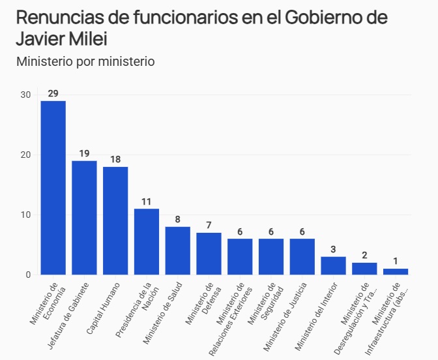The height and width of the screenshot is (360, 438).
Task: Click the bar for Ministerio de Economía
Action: [x=53, y=188]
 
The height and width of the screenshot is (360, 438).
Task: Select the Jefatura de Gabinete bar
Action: [x=84, y=218]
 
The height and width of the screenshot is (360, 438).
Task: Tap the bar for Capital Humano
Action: [x=115, y=220]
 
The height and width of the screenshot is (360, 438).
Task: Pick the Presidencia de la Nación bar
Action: [x=147, y=241]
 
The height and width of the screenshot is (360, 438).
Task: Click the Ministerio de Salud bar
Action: [x=177, y=250]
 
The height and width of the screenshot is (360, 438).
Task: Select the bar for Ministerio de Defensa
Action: [x=209, y=254]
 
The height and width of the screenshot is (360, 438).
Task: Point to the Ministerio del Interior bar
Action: [x=333, y=265]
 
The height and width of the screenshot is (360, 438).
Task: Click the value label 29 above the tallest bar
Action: [x=53, y=94]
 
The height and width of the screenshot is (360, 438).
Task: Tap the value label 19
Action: [x=84, y=154]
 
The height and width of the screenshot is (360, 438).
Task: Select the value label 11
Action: [x=147, y=202]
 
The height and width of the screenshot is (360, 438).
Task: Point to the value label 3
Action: [x=333, y=250]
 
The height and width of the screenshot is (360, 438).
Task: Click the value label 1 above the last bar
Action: [x=396, y=262]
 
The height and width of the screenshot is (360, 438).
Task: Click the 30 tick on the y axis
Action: [x=25, y=95]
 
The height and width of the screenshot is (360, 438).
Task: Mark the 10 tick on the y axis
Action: [x=25, y=215]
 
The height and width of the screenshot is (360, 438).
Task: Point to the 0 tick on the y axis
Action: [x=28, y=275]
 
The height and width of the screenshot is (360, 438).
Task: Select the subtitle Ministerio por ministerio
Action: [x=85, y=62]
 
